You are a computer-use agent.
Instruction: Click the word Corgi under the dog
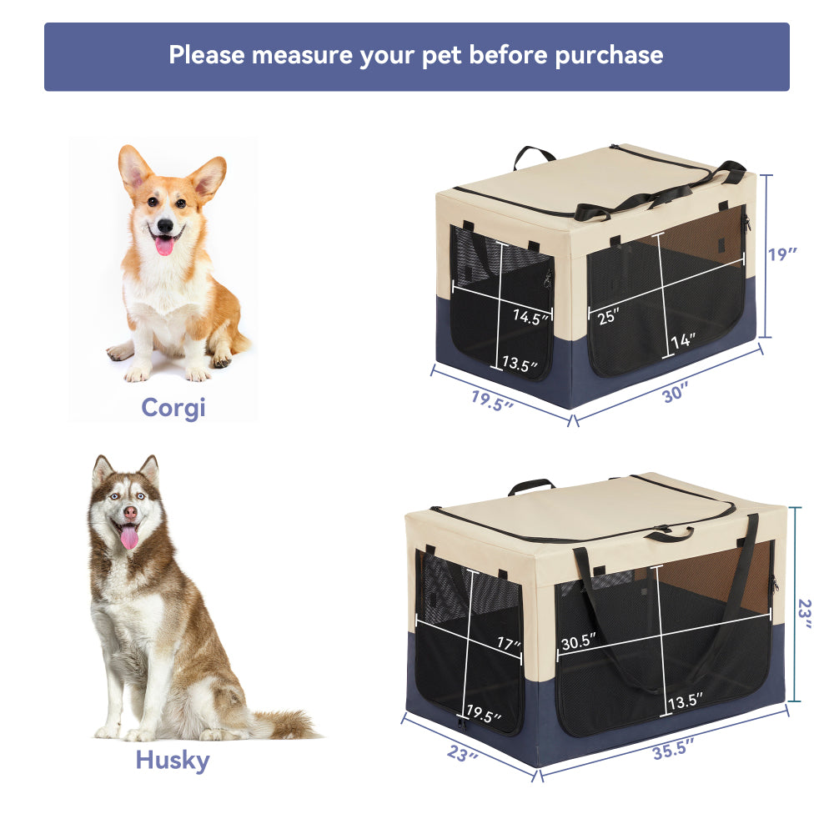pos(173,407)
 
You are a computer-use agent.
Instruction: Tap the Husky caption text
pos(173,760)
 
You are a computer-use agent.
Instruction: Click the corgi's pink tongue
pos(165,245)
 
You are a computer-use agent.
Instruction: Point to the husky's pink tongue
pos(129,538)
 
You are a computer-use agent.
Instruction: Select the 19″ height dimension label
pos(783,254)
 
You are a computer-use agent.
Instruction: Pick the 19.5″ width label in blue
pos(492,398)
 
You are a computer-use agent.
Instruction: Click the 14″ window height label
pos(682,340)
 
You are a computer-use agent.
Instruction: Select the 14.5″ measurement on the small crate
pos(531,317)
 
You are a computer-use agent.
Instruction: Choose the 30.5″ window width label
pos(577,642)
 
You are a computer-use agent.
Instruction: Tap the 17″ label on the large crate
pos(506,645)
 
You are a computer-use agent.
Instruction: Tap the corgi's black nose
pos(165,226)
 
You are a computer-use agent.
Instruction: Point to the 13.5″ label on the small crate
pos(520,364)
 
